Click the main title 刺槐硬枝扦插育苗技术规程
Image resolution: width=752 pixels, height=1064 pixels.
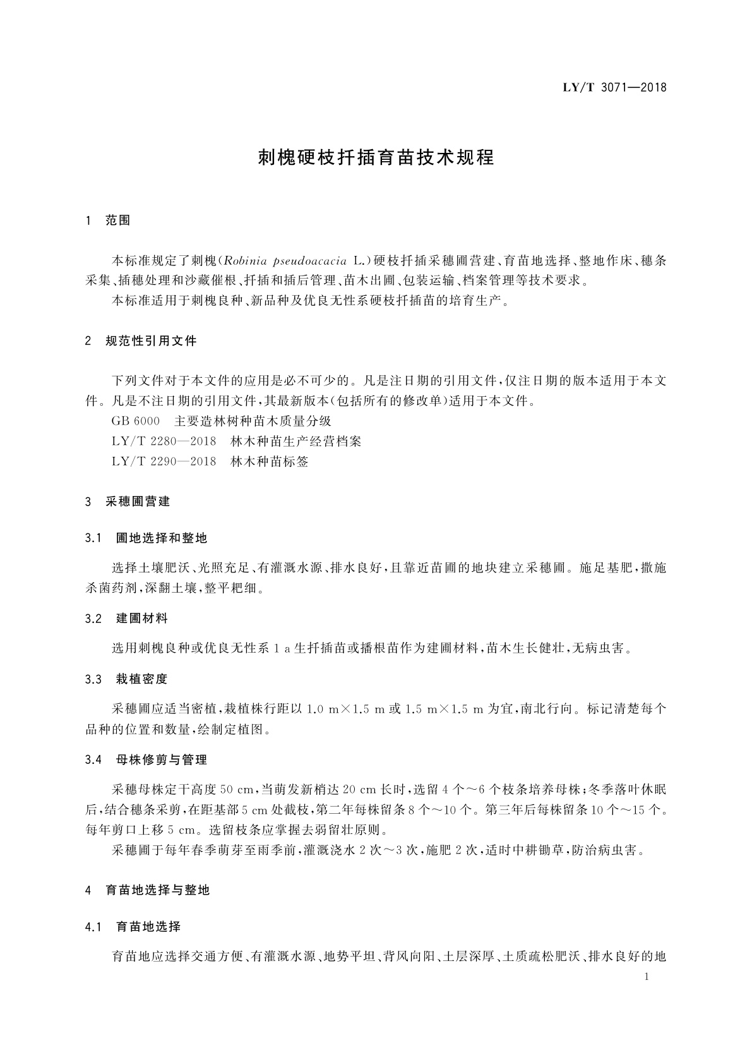coord(376,157)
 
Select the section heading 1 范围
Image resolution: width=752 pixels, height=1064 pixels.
coord(108,221)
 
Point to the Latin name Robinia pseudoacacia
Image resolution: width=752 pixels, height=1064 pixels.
coord(287,260)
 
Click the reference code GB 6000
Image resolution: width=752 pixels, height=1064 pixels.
coord(135,421)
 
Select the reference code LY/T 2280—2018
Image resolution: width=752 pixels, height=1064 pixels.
coord(164,441)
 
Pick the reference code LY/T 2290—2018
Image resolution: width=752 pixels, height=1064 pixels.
coord(164,461)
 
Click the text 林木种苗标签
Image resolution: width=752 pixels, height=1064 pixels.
coord(270,461)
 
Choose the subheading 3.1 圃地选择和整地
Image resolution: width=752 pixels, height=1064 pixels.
coord(146,538)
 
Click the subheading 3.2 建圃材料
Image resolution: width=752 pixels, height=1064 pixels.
coord(127,619)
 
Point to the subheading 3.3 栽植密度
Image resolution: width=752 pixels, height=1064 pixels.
coord(127,680)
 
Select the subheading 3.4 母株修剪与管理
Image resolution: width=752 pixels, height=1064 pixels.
coord(146,759)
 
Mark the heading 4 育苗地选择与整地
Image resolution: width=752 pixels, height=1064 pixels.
coord(147,890)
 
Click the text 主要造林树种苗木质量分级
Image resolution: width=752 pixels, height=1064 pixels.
coord(253,421)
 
